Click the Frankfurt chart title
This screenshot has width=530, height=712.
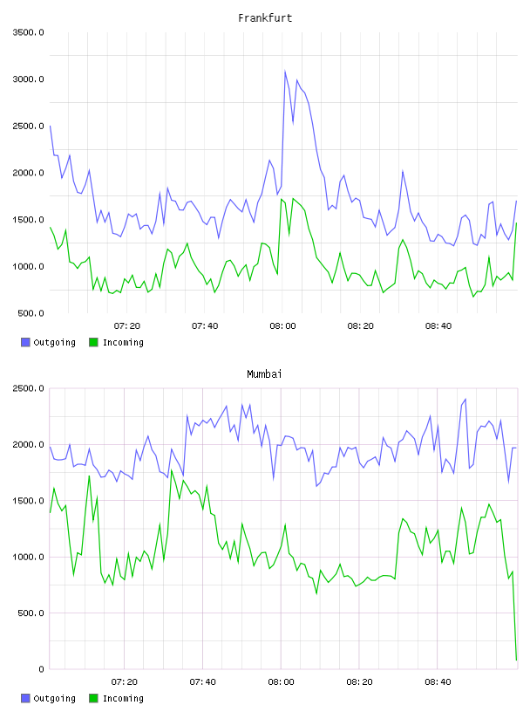[265, 18]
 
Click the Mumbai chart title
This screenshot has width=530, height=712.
[264, 374]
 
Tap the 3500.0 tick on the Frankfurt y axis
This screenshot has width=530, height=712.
[28, 32]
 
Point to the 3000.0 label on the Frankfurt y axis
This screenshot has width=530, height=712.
[28, 79]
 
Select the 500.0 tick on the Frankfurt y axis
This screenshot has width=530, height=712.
[31, 313]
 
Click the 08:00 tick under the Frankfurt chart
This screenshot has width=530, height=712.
[282, 326]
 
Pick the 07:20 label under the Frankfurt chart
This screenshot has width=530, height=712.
[127, 326]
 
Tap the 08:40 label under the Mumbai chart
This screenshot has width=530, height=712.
[438, 682]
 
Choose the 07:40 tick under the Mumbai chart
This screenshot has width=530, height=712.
[203, 682]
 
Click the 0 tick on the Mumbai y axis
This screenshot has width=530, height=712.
[41, 669]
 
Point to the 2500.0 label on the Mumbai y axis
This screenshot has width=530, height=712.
[28, 388]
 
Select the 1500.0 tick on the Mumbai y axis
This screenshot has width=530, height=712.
[28, 501]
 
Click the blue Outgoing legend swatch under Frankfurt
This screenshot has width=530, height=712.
[25, 342]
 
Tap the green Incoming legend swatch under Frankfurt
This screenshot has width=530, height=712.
[93, 342]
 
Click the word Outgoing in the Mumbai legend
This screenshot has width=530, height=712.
[54, 699]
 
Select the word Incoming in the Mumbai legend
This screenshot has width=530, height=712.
[123, 699]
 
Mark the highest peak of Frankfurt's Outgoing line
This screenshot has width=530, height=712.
[285, 71]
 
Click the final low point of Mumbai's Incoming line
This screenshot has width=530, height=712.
[516, 660]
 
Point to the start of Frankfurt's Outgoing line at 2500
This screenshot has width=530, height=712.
[50, 126]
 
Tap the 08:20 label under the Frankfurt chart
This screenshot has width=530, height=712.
[361, 326]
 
